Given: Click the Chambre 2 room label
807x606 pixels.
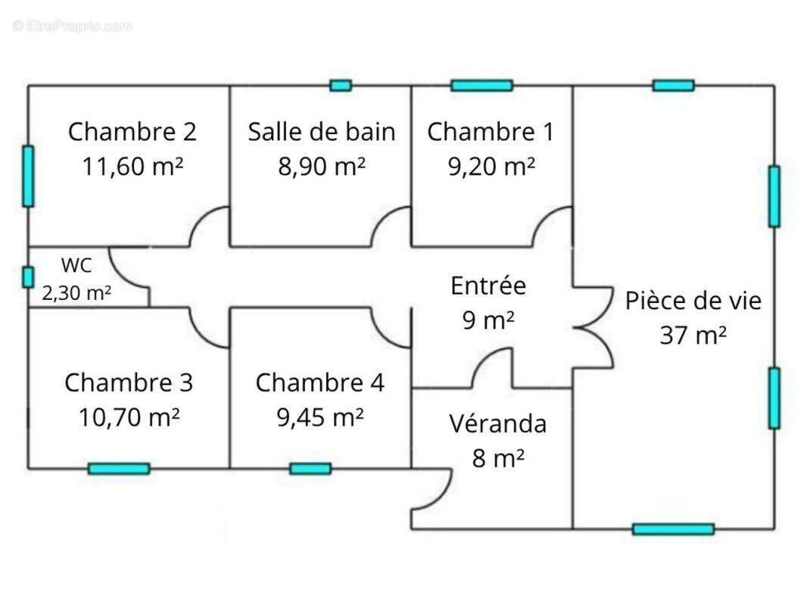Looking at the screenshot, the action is coord(132,132).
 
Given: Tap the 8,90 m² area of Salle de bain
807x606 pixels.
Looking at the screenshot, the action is coord(322,167).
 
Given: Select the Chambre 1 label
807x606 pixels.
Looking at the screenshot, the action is coord(491,132).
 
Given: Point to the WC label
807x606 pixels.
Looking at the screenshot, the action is coord(76,265).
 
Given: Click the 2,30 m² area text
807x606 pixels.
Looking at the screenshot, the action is coord(76,293).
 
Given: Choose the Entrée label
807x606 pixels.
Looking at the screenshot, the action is coord(488,286).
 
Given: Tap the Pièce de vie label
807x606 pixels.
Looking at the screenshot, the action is coord(693,301).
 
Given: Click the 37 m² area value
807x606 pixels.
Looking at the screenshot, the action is coord(693,335).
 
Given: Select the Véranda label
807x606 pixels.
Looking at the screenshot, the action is coord(497,423).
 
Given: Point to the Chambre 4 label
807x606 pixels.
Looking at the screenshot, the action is coord(319,383).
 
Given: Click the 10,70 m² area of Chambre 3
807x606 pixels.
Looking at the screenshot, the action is coord(129,417).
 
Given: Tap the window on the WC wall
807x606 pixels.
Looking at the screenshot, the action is coord(28,277).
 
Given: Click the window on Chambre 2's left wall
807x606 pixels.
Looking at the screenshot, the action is coord(28,176).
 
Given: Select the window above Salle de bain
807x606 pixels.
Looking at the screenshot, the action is coord(341,86).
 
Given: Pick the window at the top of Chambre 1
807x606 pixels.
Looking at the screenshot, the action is coord(481,86).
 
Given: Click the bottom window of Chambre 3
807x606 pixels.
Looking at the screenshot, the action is coord(119,469).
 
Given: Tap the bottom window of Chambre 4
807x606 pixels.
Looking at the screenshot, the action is coord(310,469).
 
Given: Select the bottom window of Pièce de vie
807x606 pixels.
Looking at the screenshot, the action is coord(673,529).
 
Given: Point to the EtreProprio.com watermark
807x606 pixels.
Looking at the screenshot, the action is coord(73,27).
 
